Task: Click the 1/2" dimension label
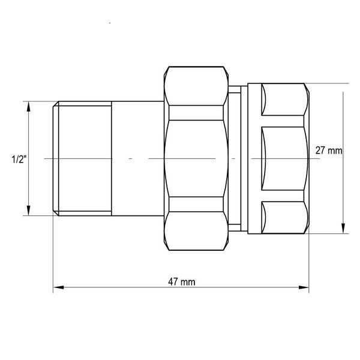[19, 159]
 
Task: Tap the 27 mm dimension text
[329, 151]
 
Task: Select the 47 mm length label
[182, 282]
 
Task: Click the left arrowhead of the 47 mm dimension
[58, 287]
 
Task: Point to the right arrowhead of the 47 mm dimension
[304, 287]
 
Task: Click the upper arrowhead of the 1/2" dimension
[28, 107]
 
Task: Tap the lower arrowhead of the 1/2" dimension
[28, 211]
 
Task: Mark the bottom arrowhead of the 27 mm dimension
[343, 228]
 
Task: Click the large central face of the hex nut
[196, 158]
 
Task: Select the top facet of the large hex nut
[196, 86]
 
